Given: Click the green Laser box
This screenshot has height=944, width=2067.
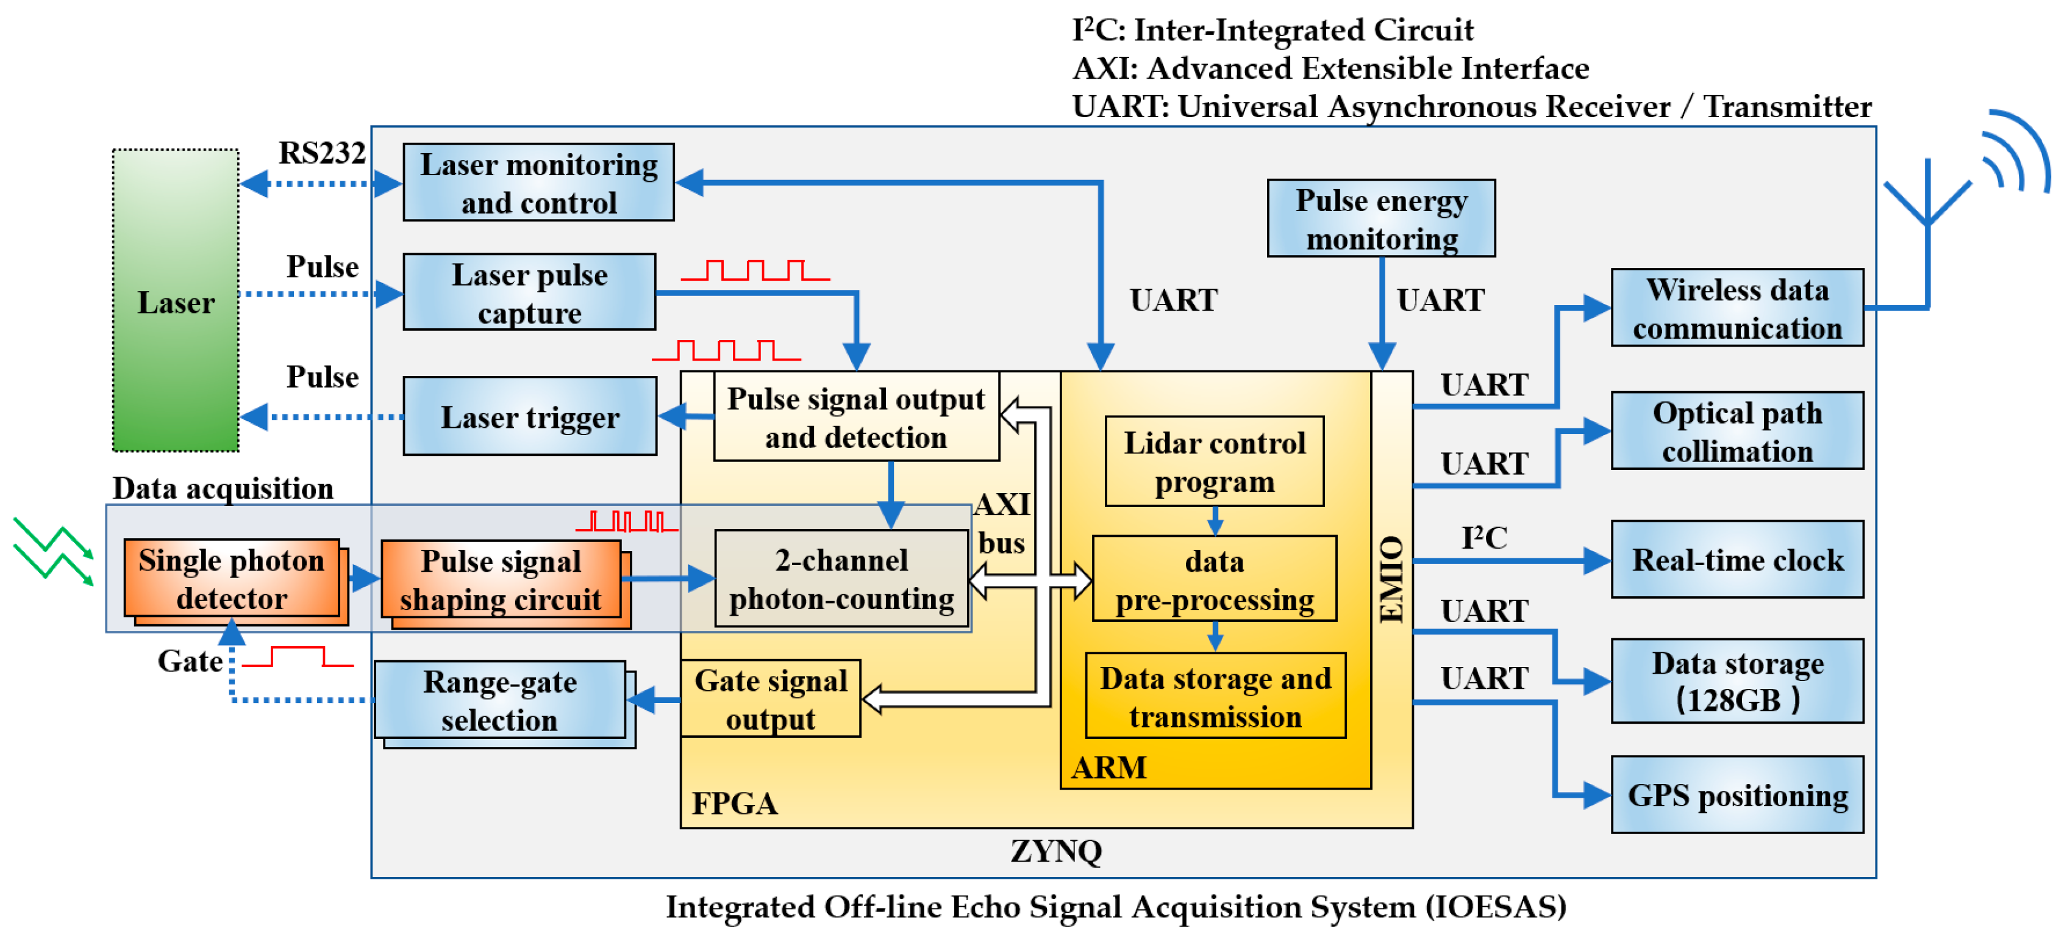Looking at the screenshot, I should tap(175, 301).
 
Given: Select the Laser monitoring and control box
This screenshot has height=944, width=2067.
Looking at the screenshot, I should tap(538, 183).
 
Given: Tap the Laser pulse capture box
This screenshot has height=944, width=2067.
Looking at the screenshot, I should tap(530, 293).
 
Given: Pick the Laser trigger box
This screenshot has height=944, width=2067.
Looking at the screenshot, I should tap(530, 417).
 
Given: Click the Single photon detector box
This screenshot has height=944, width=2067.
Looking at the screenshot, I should tap(232, 578).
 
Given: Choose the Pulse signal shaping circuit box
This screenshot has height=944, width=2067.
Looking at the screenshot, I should tap(501, 580).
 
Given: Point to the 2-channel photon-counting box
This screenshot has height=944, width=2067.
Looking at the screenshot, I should tap(841, 578).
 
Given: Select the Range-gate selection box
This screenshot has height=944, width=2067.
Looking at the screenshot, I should tap(500, 701).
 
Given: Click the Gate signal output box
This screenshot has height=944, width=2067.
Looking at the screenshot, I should tap(770, 699).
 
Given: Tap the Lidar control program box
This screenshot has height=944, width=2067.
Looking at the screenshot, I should tap(1214, 461).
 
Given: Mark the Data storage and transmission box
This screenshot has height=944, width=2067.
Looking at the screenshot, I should tap(1215, 697).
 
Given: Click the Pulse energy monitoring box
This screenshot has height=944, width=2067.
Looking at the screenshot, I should tap(1381, 219).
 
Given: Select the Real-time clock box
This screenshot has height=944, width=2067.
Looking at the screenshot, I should tap(1737, 560).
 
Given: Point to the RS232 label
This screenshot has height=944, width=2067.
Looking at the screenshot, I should tap(322, 153).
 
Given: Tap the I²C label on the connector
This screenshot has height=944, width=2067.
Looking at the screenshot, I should tap(1483, 538).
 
